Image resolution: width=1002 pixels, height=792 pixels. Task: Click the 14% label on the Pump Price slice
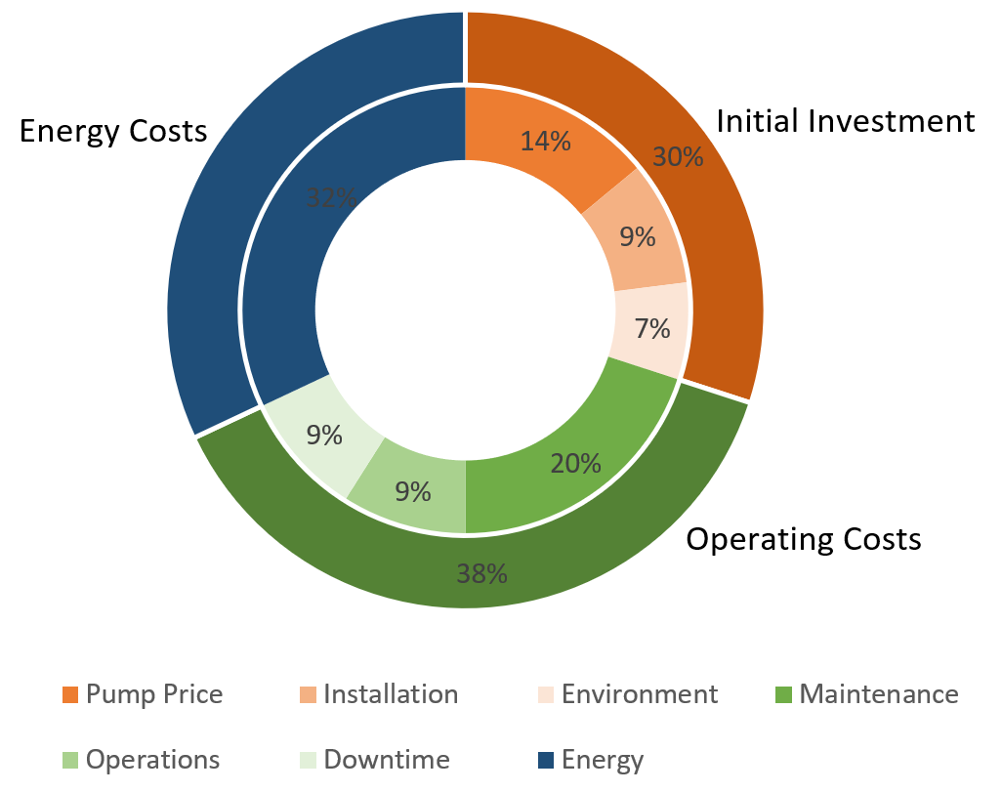point(545,142)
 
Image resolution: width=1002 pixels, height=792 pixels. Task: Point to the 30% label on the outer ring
point(678,156)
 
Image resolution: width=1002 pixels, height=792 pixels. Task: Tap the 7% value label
point(652,329)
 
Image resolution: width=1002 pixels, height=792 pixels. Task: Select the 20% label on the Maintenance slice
point(575,463)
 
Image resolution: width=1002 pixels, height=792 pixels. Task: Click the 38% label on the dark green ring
point(481,573)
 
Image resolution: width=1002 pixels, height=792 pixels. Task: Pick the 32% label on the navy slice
point(331,198)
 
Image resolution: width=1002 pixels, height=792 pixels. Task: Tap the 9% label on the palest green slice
point(324,435)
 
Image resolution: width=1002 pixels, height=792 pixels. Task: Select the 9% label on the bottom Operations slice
point(413,491)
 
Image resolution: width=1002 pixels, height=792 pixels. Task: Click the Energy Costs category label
point(113,131)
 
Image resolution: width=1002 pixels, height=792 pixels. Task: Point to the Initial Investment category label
point(845,121)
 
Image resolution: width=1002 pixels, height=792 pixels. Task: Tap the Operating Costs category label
point(803,539)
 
